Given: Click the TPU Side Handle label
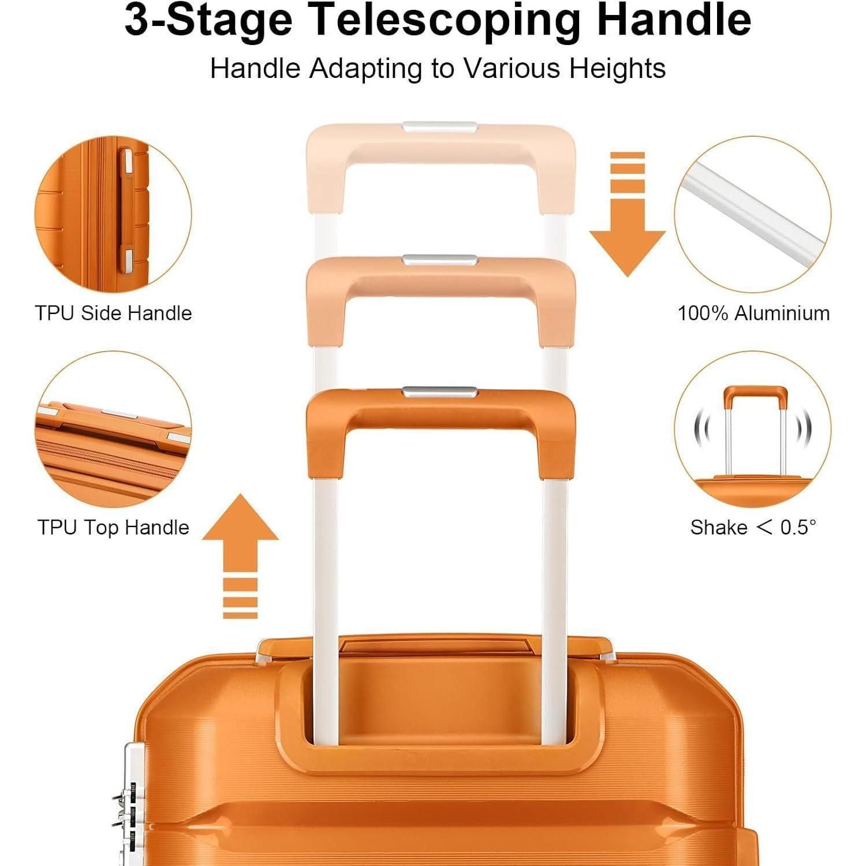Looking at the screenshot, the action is tap(113, 313).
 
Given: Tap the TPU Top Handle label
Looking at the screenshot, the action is tap(113, 527).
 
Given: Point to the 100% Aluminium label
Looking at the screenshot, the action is tap(753, 313).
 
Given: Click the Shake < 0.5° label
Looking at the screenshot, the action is tap(753, 527).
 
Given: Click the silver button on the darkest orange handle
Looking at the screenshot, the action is tap(440, 392).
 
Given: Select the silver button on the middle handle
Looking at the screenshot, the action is tap(440, 260).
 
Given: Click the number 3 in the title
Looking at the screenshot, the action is tap(136, 21).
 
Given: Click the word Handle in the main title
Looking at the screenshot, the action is tap(674, 20).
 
